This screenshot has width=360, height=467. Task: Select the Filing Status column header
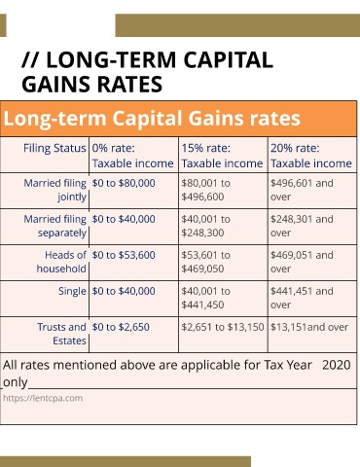coord(54,148)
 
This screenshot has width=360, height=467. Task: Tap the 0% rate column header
coord(132,156)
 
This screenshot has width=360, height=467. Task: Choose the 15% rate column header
coord(222,156)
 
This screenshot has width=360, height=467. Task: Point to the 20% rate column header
coord(311,156)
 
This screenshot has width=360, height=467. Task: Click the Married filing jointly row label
coord(55,190)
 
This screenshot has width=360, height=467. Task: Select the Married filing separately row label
coord(55,226)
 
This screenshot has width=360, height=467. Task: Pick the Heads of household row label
coord(61,262)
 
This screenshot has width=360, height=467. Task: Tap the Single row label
coord(72,291)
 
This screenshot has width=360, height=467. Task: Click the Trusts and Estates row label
coord(61,334)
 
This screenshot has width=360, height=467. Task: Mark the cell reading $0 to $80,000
coord(124,183)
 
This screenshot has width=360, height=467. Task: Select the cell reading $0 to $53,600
coord(124,255)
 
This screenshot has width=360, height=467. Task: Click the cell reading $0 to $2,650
coord(121,327)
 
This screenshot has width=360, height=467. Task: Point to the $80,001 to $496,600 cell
coord(205,190)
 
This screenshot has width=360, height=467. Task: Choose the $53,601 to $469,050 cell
coord(205,262)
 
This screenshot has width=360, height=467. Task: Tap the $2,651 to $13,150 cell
coord(223,327)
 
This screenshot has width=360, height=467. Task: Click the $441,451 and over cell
coord(302,298)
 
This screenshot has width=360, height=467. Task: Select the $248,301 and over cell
coord(302,226)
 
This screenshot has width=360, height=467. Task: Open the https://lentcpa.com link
coord(43,398)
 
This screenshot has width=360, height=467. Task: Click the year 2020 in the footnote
coord(337,365)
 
